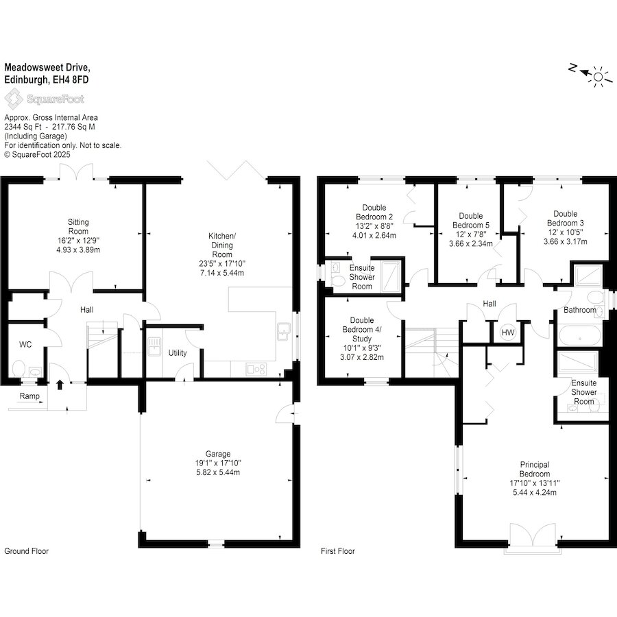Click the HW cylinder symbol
tap(507, 332)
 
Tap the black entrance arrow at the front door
tap(60, 385)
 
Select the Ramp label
tap(29, 396)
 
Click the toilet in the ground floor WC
tap(19, 369)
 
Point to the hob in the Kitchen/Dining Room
tap(256, 369)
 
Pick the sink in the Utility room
tap(154, 347)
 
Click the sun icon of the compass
tap(598, 76)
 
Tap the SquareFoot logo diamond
tap(14, 99)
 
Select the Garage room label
tap(218, 454)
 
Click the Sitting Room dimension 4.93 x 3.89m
tap(78, 250)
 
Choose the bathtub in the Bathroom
tap(579, 335)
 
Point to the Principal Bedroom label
tap(535, 469)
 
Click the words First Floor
tap(337, 551)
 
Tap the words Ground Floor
tap(26, 551)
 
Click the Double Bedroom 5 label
tap(471, 220)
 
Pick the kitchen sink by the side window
tap(284, 330)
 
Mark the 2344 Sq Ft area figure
tap(23, 127)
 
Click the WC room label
tap(25, 345)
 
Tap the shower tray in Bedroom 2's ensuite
tap(390, 276)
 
